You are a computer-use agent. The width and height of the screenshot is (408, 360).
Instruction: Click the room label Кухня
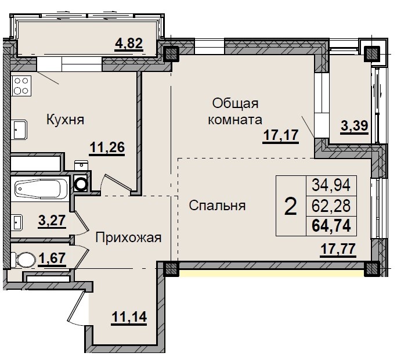[x=66, y=120]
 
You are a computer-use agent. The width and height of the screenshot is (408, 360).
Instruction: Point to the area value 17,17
[x=280, y=136]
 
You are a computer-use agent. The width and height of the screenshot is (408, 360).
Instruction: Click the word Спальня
[x=217, y=206]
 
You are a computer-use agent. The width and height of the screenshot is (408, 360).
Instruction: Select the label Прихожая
[x=128, y=237]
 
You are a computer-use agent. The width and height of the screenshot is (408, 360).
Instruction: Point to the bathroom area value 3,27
[x=52, y=220]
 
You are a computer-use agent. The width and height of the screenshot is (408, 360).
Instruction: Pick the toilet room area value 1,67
[x=51, y=257]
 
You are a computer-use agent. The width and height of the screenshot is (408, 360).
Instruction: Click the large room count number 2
[x=290, y=206]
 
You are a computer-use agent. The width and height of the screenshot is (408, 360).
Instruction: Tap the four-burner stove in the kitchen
[x=22, y=86]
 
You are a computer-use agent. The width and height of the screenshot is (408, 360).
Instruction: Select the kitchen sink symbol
[x=19, y=128]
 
